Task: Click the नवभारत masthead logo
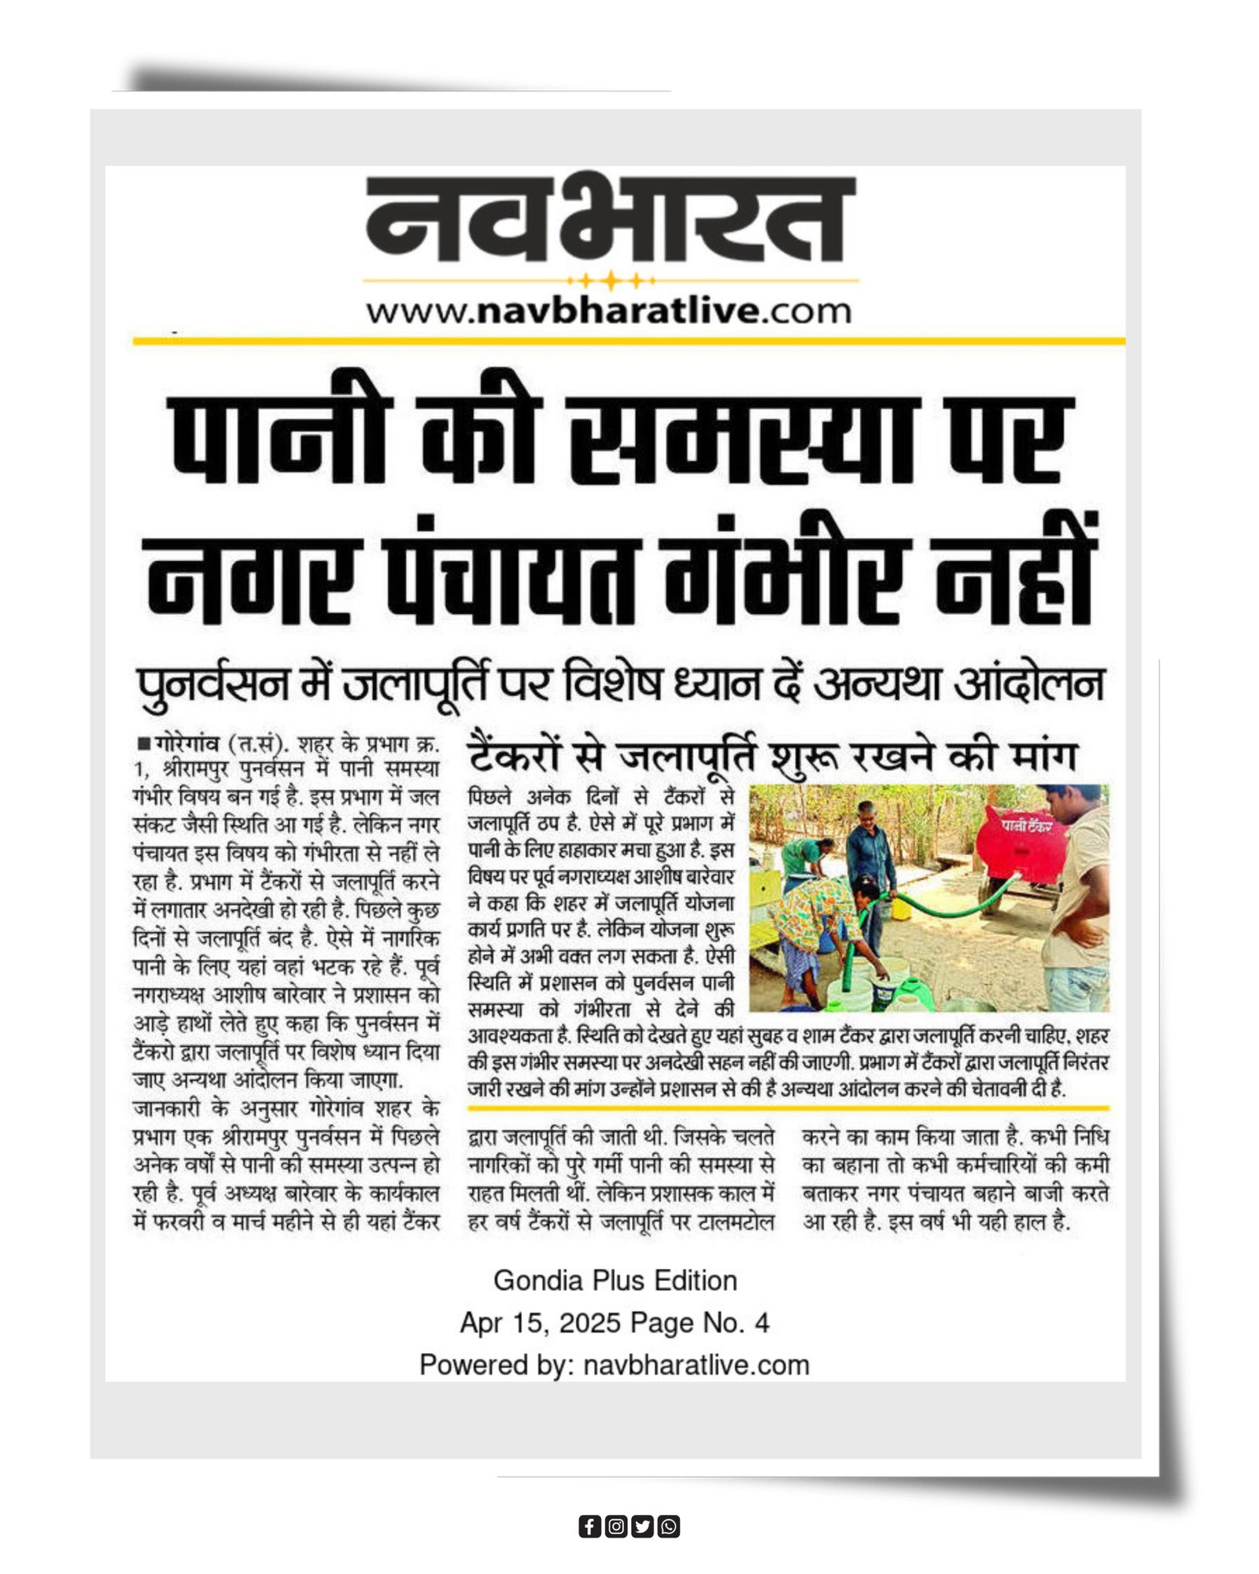(x=611, y=220)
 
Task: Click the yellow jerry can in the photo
(x=901, y=908)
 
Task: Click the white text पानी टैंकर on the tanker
(x=1026, y=825)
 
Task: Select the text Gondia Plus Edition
(x=615, y=1281)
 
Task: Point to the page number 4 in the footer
(x=761, y=1323)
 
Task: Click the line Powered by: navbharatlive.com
(x=615, y=1365)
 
